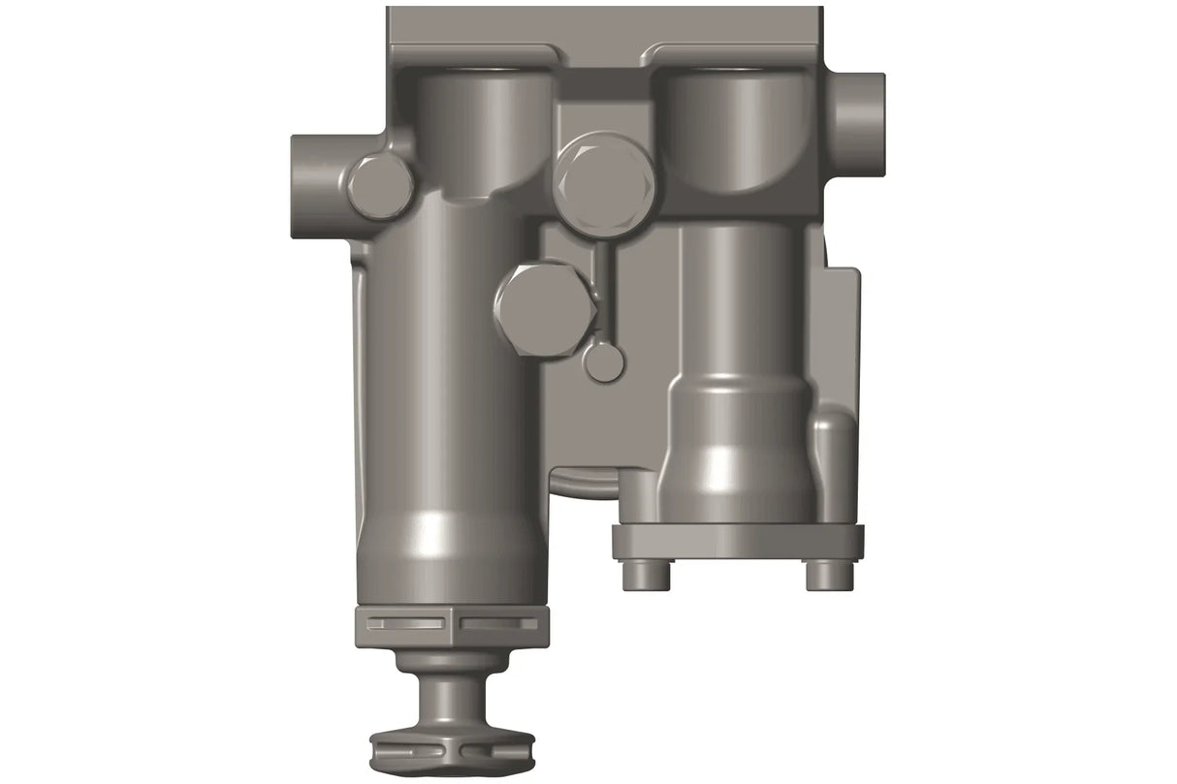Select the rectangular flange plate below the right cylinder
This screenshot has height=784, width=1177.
click(x=737, y=542)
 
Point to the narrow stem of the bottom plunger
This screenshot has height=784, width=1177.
click(x=453, y=697)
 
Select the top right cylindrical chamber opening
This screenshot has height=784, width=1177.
click(x=737, y=126)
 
